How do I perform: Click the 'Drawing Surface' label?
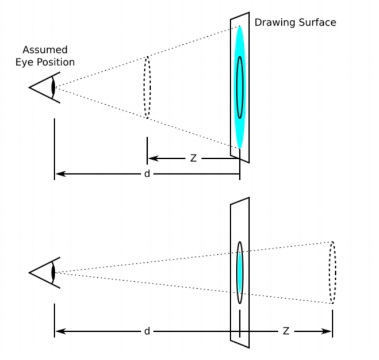coord(295,22)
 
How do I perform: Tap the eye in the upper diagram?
coord(45,87)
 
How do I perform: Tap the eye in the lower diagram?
coord(45,271)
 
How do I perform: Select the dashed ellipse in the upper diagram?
coord(147,87)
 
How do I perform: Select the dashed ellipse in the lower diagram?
coord(332,272)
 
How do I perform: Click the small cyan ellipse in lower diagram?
coord(239,272)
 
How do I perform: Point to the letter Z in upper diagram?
coord(193,158)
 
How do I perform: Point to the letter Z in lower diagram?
coord(286,331)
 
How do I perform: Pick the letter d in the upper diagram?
coord(147,173)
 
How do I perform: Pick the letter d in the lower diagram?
coord(147,331)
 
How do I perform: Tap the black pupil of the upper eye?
coord(53,87)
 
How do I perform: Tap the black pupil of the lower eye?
coord(53,271)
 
